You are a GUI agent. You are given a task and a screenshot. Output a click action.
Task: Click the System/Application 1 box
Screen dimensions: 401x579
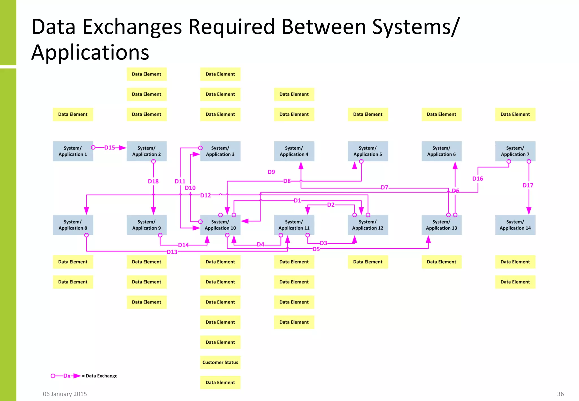(73, 151)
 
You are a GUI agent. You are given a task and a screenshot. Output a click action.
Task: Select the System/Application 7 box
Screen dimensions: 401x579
(515, 151)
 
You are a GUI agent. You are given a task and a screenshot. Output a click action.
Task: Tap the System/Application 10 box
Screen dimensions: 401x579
(220, 225)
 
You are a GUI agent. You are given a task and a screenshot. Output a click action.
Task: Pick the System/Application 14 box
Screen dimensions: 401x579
(515, 225)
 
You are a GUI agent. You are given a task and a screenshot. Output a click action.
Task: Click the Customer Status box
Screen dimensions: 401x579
(220, 362)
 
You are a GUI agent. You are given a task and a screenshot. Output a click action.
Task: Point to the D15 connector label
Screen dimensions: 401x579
(110, 148)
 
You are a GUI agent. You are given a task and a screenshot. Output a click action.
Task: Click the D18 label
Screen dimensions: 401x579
(153, 181)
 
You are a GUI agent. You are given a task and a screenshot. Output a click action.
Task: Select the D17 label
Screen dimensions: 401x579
(528, 185)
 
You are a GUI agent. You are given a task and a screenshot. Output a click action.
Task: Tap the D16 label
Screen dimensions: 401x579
(478, 179)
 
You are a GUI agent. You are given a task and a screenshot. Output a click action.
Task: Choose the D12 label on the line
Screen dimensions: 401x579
(206, 195)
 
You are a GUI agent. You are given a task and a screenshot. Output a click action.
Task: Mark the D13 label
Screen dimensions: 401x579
(172, 252)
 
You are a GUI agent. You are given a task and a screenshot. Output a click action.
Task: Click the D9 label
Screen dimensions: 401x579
(271, 172)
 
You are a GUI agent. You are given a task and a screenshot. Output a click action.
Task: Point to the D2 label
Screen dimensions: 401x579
(331, 205)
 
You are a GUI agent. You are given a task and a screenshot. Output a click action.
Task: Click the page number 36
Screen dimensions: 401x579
(560, 394)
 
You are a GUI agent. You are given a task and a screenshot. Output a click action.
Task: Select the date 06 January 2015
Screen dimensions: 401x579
(65, 394)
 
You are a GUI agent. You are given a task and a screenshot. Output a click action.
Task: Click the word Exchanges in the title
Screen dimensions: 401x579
(132, 27)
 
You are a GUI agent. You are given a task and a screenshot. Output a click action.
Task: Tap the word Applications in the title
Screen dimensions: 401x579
(90, 53)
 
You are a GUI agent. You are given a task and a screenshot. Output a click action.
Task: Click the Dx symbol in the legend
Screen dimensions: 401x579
(67, 376)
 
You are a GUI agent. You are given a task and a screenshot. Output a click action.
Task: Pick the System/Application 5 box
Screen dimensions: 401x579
(368, 151)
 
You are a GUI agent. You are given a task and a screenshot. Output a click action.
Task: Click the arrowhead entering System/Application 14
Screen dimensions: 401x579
(529, 211)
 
